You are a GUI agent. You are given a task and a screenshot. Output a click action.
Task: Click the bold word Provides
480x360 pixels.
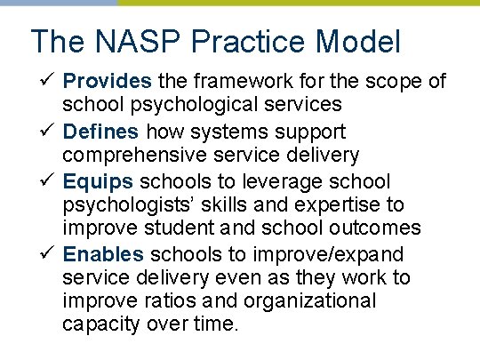[108, 82]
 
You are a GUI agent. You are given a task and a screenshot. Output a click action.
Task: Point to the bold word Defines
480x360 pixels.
[101, 132]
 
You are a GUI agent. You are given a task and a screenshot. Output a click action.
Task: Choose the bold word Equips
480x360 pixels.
[98, 182]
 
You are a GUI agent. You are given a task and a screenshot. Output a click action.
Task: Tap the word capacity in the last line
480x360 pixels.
[100, 324]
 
